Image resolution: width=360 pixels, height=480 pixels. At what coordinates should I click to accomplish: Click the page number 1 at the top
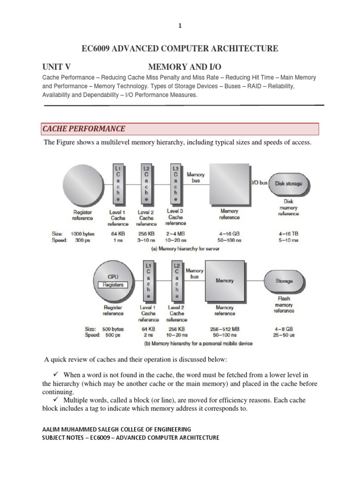180,26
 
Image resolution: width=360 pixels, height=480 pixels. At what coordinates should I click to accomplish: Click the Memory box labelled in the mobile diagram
225,281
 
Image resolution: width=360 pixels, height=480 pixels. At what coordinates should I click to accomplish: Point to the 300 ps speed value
82,240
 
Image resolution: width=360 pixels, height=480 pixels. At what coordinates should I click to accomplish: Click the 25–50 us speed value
284,336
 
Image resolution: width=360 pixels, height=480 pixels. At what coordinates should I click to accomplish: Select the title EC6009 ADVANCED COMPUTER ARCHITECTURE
180,49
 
